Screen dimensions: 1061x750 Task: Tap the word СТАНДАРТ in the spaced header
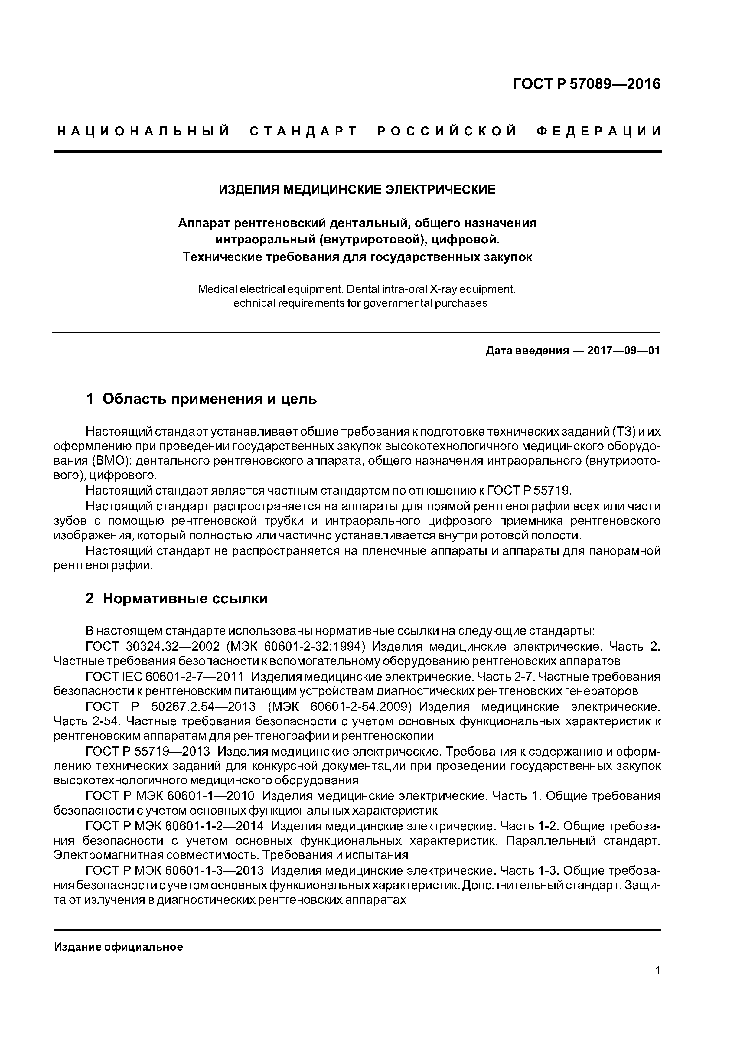(304, 132)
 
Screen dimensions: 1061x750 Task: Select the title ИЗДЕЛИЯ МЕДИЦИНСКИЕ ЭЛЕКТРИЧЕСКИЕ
(357, 189)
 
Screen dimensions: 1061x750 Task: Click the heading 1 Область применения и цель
(201, 398)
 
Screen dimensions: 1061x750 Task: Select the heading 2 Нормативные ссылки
(177, 599)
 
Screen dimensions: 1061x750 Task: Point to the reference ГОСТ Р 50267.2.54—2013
(171, 707)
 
